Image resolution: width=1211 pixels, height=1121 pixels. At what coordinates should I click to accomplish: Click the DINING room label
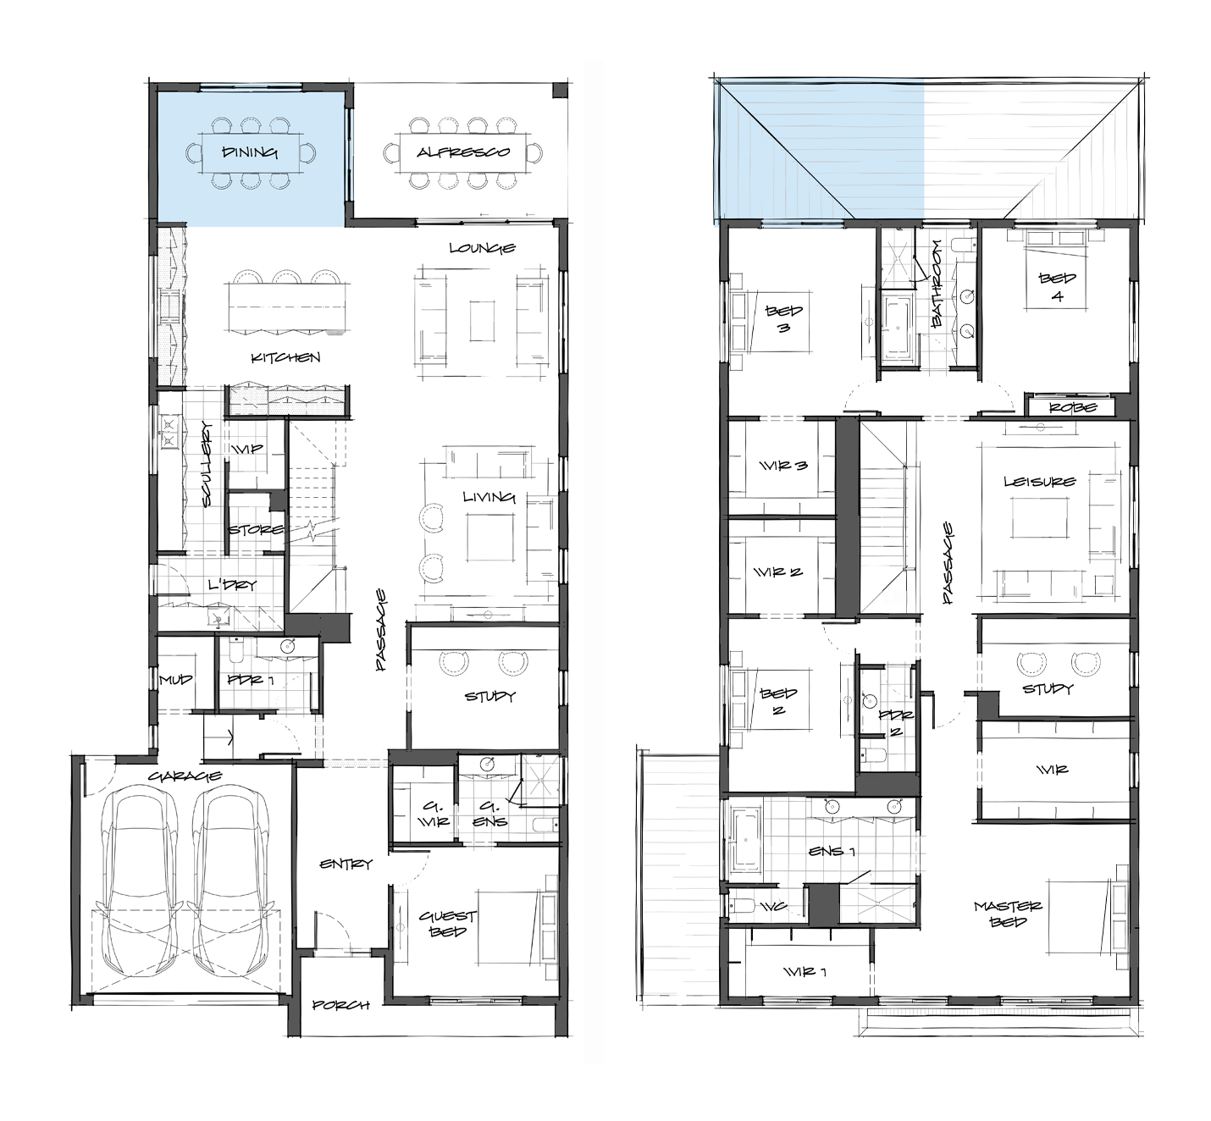click(250, 152)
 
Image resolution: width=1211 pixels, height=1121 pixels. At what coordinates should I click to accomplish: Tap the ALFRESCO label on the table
click(463, 152)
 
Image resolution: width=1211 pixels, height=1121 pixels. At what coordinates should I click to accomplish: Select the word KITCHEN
click(285, 357)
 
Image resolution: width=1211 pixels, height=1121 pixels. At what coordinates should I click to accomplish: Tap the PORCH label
click(341, 1005)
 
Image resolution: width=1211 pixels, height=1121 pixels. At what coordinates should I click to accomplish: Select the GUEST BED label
click(448, 924)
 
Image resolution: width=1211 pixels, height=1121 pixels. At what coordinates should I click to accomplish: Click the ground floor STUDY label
click(490, 696)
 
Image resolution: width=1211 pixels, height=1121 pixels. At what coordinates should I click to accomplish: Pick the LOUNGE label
click(483, 247)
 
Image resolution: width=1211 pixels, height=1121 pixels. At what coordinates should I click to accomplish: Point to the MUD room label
click(175, 679)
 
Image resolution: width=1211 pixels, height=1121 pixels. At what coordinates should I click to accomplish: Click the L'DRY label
click(232, 585)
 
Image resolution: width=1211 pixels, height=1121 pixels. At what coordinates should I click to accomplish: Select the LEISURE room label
click(1040, 482)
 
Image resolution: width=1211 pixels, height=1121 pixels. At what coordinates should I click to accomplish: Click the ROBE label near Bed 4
click(1073, 407)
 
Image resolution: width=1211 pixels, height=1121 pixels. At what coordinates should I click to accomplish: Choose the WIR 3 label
click(783, 466)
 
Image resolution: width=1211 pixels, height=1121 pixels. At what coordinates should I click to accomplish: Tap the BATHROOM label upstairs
click(937, 283)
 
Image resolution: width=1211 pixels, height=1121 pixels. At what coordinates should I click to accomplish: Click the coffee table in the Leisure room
click(1039, 518)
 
